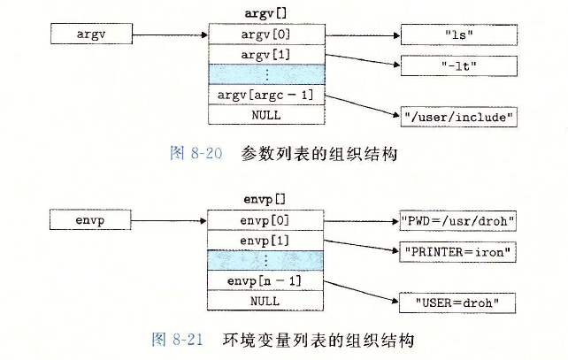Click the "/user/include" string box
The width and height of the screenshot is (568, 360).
(457, 116)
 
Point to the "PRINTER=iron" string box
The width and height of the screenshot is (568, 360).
(457, 251)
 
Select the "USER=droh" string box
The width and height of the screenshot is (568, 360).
(457, 303)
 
